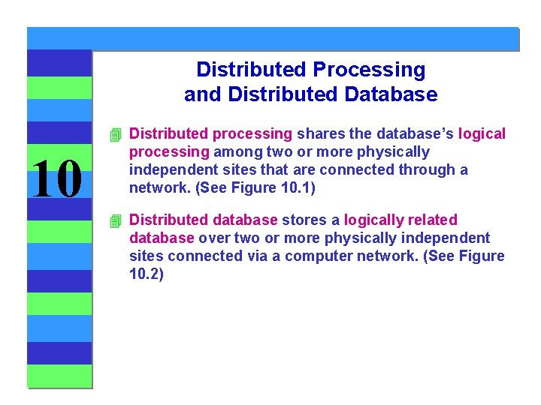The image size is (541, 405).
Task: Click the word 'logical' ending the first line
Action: pos(482,134)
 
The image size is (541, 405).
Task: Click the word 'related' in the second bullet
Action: pos(434,220)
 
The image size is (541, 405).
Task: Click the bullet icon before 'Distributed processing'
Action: pos(114,135)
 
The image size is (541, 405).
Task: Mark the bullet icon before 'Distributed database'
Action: pos(114,220)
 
